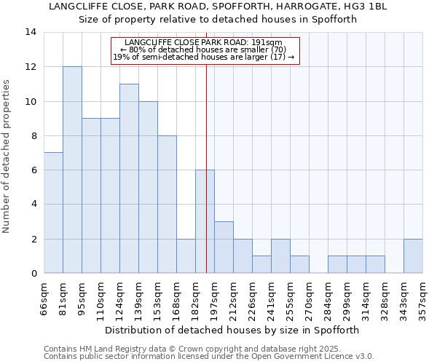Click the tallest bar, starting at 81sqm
coord(72,170)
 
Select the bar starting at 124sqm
coord(129,178)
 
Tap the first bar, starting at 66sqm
coord(53,213)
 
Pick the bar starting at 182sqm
coord(205,221)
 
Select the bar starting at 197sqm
coord(224,248)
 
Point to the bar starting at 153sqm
coord(167,205)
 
